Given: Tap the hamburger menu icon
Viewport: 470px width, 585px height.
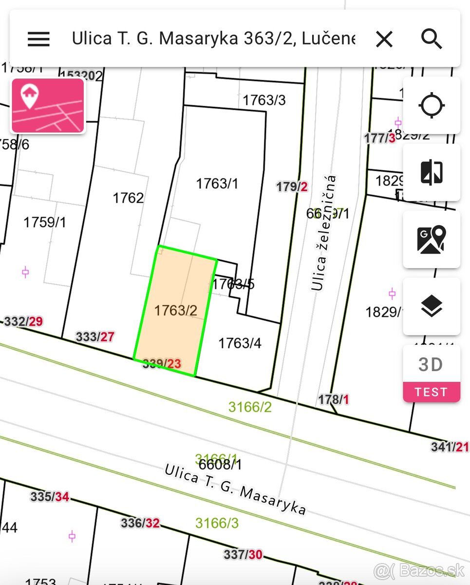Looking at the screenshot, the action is tap(38, 39).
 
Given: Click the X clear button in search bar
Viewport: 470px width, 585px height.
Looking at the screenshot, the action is tap(384, 39).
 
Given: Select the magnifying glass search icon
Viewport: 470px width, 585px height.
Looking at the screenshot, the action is tap(432, 39).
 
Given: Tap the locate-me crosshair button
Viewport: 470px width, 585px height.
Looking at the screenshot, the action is tap(432, 105).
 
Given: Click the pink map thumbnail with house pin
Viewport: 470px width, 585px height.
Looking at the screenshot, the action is tap(48, 105).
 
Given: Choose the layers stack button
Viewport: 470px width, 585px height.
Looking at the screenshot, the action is tap(432, 306).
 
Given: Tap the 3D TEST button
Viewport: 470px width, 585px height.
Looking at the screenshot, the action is tap(432, 373).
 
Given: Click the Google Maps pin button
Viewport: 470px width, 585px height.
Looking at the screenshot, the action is tap(432, 239).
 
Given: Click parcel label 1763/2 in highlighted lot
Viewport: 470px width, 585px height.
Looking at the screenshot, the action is tap(175, 310).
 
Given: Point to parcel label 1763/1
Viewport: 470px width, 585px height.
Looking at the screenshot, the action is tap(217, 184).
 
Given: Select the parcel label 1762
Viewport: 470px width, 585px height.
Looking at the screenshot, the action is tap(128, 198).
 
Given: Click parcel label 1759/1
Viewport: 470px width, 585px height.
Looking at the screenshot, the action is tap(45, 222).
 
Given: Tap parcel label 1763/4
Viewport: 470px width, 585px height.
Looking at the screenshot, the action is tap(240, 343).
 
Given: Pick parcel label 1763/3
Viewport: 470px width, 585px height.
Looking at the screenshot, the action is tap(264, 100).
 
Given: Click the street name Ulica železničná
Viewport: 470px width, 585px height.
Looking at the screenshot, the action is tap(323, 233).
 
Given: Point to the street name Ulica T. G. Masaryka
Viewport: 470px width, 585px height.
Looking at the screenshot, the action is tap(235, 489).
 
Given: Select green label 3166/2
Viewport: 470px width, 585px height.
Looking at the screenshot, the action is tap(250, 407).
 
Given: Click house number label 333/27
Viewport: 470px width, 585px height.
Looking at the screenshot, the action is tap(95, 336).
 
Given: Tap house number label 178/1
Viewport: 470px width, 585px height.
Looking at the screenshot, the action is tap(334, 400).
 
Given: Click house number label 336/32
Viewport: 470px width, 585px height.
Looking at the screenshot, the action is tap(140, 523).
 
